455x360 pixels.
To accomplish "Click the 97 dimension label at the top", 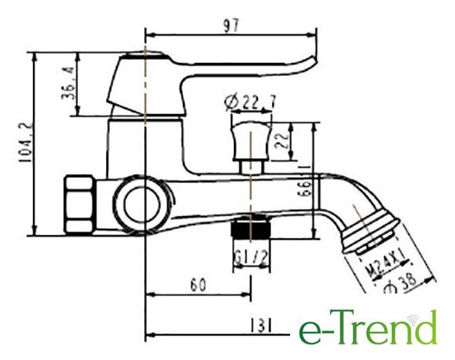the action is (231, 26).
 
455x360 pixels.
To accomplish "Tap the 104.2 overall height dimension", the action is (25, 142).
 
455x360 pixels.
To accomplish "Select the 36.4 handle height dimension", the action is (68, 83).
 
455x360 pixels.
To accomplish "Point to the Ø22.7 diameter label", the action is (250, 102).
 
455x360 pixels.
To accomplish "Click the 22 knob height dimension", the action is (282, 141).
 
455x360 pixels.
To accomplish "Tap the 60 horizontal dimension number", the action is (199, 285).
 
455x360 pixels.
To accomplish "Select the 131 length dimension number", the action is (261, 325).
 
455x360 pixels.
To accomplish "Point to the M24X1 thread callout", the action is (386, 265).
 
